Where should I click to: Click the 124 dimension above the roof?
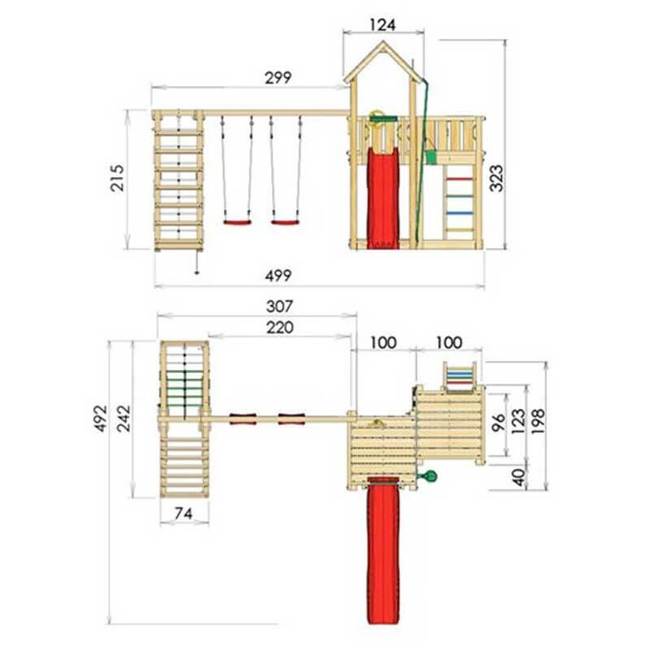pos(382,25)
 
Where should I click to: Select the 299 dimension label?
pos(278,77)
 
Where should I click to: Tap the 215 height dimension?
pos(117,178)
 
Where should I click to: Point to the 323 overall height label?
pos(496,178)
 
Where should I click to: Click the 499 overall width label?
pos(278,275)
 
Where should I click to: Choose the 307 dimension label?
pos(280,307)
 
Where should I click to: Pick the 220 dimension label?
pos(280,328)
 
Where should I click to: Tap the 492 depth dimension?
pos(101,419)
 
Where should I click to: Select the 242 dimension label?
pos(123,419)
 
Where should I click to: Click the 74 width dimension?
pos(183,514)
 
